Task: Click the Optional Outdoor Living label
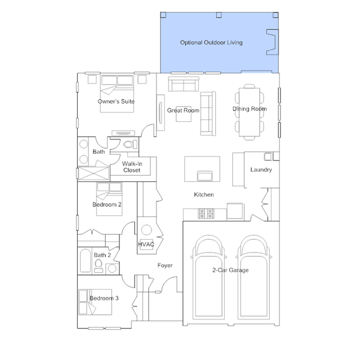pos(211,42)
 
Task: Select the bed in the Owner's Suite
pos(117,94)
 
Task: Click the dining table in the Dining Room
pos(250,112)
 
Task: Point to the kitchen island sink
pos(205,176)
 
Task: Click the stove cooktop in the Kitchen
pos(206,214)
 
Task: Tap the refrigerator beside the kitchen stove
pos(235,211)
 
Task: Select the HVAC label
pos(146,245)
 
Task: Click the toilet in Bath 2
pos(99,266)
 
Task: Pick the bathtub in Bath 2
pos(85,261)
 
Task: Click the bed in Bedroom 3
pos(95,302)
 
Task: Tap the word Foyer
pos(165,265)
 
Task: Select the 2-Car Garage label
pos(230,270)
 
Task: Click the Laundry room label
pos(261,170)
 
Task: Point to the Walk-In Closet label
pos(132,167)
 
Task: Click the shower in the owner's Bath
pos(94,173)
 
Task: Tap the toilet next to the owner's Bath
pos(130,144)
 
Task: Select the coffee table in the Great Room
pos(184,114)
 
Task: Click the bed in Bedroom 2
pos(109,199)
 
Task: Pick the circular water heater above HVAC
pos(146,230)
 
